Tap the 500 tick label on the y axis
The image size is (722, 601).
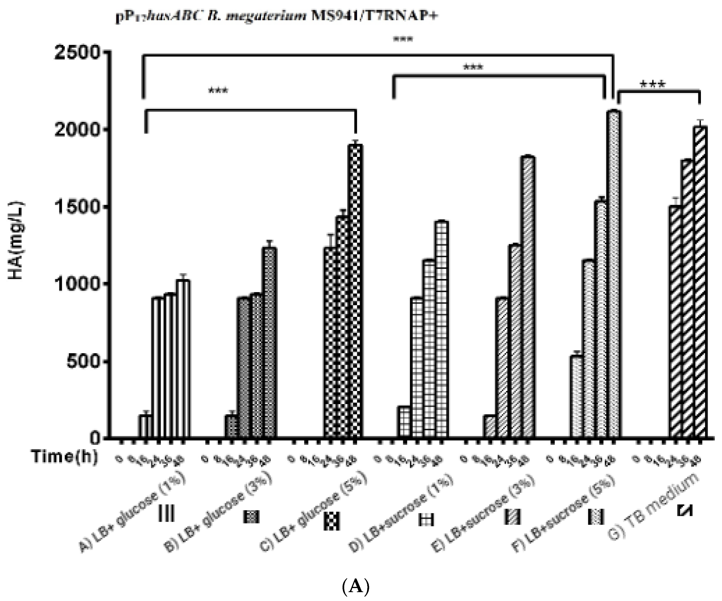[84, 361]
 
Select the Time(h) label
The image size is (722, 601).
[65, 457]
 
